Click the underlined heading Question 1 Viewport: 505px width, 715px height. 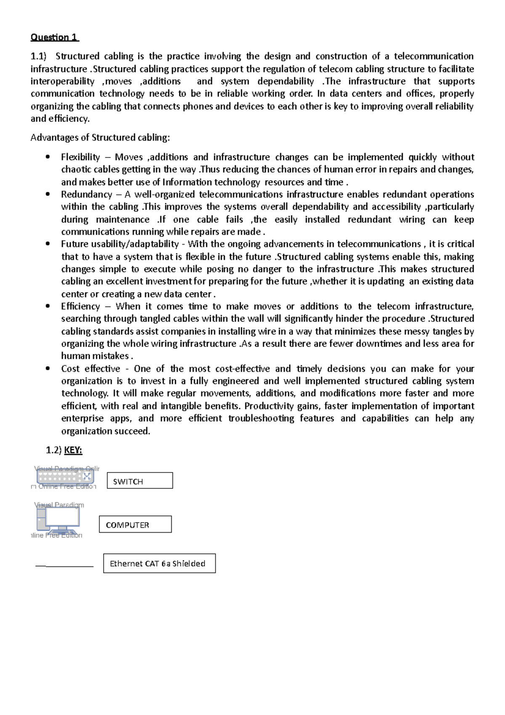point(54,37)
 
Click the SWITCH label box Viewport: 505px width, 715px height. point(140,480)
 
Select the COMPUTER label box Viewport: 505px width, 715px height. point(135,525)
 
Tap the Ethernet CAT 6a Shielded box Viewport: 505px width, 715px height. point(159,563)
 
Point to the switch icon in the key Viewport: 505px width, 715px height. point(65,477)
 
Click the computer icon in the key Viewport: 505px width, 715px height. point(58,519)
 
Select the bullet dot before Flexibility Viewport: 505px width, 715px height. point(48,157)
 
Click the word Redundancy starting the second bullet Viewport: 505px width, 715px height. point(86,195)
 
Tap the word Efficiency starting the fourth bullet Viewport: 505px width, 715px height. point(80,307)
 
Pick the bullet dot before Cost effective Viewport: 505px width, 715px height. point(48,369)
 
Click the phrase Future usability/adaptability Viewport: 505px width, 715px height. point(120,244)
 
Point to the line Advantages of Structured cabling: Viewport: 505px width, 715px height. point(100,138)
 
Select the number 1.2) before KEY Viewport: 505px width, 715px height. point(53,451)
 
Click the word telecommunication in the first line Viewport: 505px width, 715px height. point(433,56)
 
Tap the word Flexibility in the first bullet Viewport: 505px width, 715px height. point(80,157)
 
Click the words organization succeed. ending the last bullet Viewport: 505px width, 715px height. point(105,431)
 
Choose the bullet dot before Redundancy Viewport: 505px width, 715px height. point(48,195)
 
